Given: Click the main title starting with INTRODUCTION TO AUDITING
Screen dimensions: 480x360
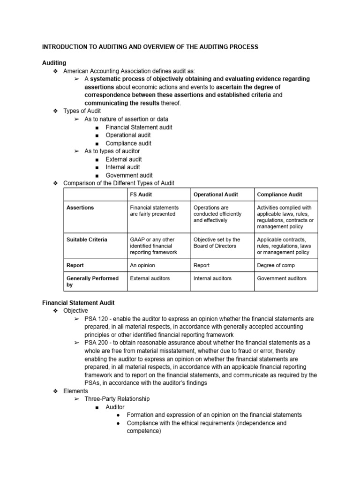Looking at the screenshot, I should (x=150, y=47).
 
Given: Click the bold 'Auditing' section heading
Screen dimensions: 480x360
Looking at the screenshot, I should (x=54, y=63).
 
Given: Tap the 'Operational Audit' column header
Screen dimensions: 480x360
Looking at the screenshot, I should (x=216, y=195).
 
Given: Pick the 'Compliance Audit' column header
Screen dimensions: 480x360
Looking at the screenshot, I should (x=279, y=195).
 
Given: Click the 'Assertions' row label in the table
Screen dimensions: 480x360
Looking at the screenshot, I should (x=80, y=208).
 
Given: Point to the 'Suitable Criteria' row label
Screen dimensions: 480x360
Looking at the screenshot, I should (x=87, y=240).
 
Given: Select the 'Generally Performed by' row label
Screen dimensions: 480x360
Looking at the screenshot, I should (x=92, y=281).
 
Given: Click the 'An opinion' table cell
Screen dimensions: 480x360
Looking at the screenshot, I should (x=142, y=265).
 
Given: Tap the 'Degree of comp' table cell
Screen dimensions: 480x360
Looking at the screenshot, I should (x=277, y=265).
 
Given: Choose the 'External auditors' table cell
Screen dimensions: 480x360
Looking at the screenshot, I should (x=150, y=278).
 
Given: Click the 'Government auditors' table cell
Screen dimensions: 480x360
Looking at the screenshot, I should (x=282, y=278).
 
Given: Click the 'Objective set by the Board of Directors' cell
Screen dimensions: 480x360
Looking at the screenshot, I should (x=217, y=243).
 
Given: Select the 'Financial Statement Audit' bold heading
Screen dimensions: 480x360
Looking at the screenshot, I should (x=78, y=303).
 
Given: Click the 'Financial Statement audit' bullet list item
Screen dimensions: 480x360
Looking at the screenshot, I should (x=139, y=127).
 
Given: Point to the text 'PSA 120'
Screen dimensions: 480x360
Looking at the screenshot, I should (x=96, y=319).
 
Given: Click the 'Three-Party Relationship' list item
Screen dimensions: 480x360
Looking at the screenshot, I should (x=117, y=399).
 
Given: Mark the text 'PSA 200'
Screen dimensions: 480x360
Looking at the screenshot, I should (x=96, y=343).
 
